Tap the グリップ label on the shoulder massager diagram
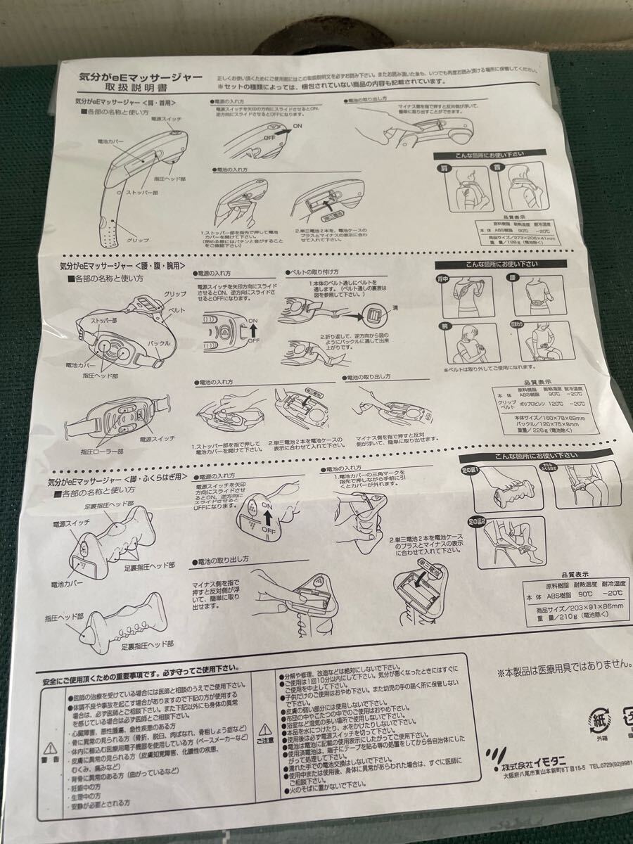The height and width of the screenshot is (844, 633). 138,240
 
